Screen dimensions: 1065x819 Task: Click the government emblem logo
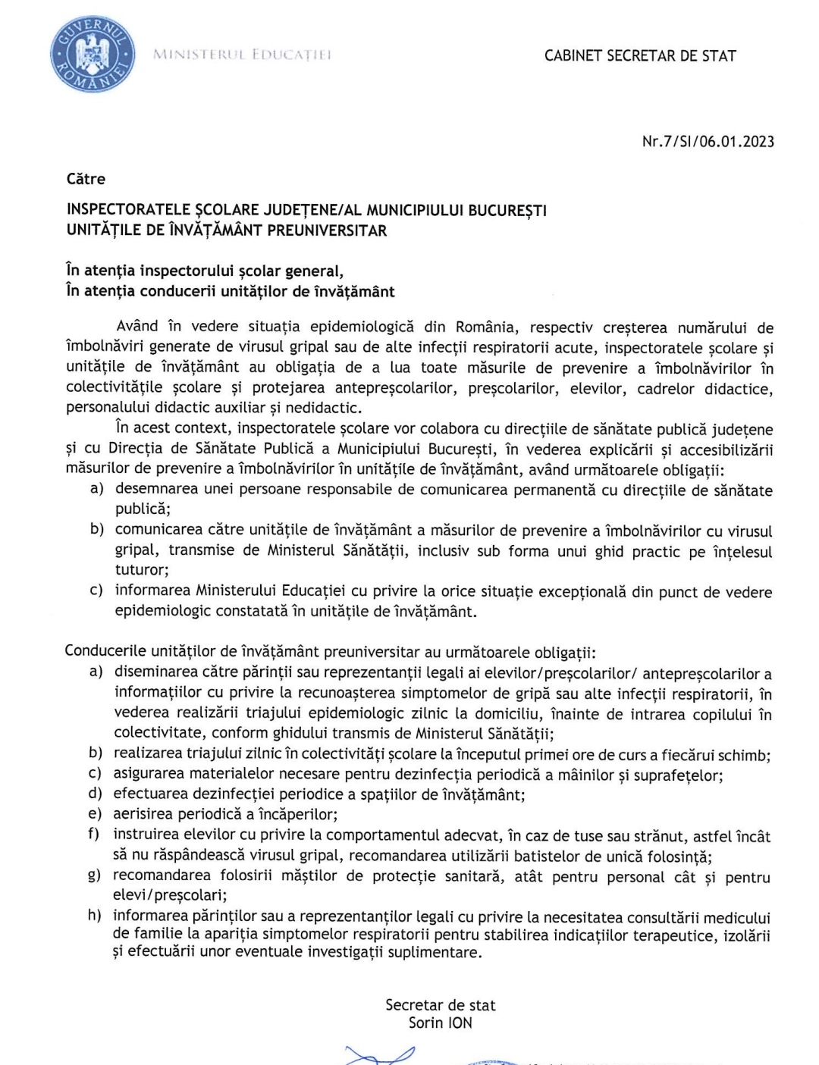point(93,55)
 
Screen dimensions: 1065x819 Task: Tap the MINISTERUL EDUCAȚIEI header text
point(242,55)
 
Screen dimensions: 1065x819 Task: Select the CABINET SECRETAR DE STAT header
point(640,55)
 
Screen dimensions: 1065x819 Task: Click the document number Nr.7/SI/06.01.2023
point(708,141)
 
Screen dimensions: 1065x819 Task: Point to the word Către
point(86,179)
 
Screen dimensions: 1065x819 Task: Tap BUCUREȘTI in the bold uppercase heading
point(507,210)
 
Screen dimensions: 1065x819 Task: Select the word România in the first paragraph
point(485,327)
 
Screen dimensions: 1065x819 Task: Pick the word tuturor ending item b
point(141,570)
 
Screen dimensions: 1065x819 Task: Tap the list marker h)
point(95,915)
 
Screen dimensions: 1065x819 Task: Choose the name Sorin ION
point(440,1023)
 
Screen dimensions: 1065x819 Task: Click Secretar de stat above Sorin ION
point(440,1005)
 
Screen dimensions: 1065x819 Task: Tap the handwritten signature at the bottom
point(379,1054)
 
